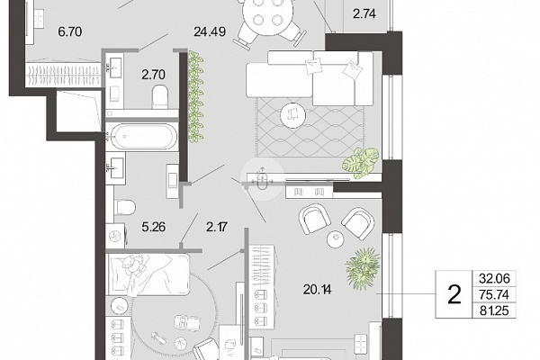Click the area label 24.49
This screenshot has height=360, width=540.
point(210,31)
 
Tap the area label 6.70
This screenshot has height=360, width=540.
point(70,31)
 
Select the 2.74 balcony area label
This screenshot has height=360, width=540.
point(364,13)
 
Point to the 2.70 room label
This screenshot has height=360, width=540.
point(154,75)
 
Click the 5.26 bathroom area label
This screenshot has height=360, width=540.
point(154,227)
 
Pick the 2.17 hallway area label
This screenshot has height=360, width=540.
point(217,227)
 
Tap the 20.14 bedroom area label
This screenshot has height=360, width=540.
point(317,290)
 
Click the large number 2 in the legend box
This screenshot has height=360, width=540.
point(454,294)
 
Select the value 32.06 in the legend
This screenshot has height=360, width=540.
point(494,278)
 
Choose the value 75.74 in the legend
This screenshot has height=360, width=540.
point(494,294)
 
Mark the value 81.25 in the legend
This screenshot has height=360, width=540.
point(494,310)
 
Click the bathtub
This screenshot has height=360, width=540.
point(141,136)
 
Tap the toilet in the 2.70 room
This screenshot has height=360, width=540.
point(160,96)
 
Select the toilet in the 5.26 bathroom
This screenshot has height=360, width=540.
point(124,207)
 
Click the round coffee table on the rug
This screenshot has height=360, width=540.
point(292,114)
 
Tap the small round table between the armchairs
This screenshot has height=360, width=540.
point(336,239)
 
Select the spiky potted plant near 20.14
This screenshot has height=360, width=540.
point(363,267)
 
